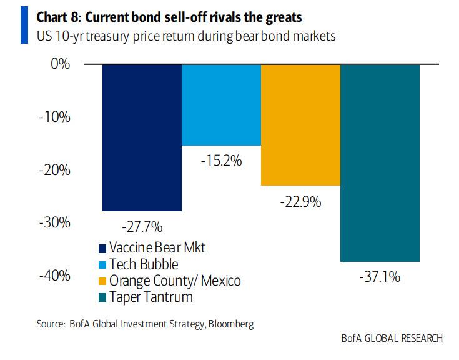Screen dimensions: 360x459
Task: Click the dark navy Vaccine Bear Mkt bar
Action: coord(142,137)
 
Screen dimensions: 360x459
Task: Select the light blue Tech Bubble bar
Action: coord(221,104)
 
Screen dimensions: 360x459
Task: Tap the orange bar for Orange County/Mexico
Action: coord(300,125)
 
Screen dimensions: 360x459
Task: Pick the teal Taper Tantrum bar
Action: coord(380,162)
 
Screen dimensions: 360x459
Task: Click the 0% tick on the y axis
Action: coord(60,64)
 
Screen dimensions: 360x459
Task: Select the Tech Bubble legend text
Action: coord(143,264)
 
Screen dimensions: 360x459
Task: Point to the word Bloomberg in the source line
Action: coord(230,324)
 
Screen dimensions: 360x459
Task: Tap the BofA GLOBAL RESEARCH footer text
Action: coord(392,338)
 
